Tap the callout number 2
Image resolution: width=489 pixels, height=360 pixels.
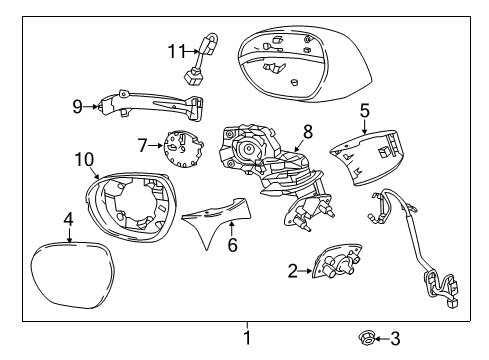(x=292, y=269)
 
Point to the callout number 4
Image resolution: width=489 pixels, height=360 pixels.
(x=68, y=218)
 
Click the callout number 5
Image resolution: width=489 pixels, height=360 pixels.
(x=365, y=112)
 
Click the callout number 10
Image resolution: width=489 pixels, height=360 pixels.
(x=84, y=159)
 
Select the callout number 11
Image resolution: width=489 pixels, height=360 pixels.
(x=177, y=49)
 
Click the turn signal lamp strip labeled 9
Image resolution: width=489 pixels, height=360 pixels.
(x=150, y=105)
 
